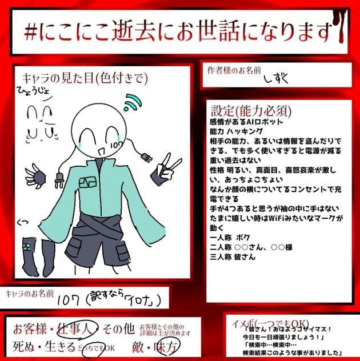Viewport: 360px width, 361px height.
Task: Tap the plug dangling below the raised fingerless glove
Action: pos(58,181)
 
